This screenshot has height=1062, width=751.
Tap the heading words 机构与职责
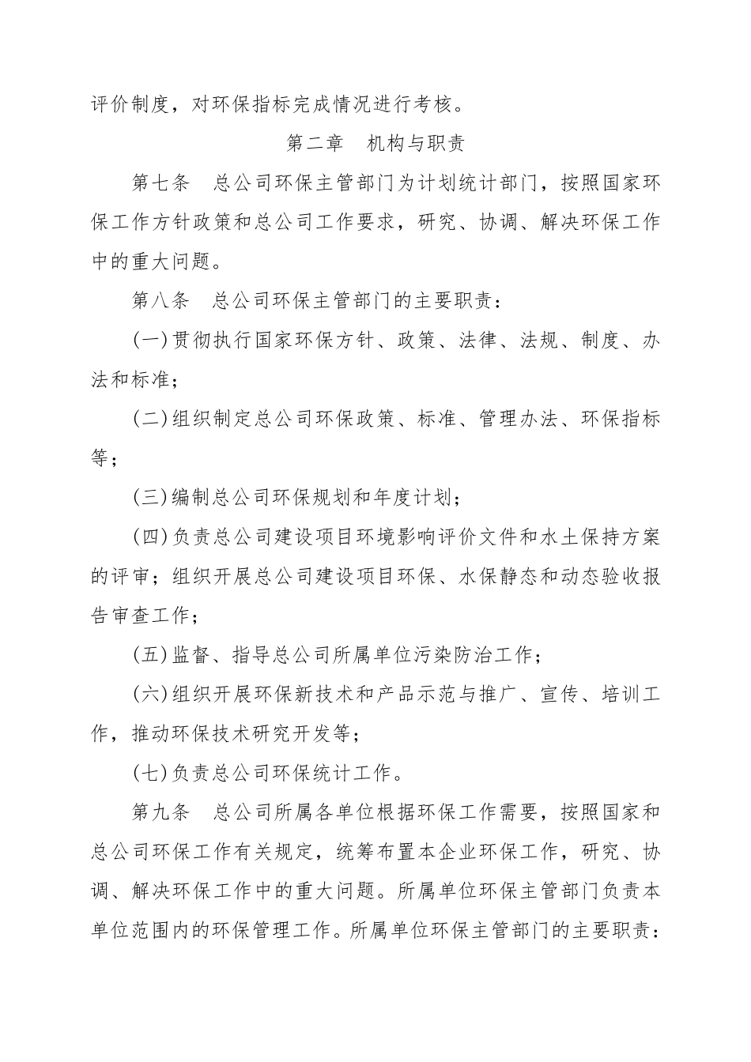(417, 144)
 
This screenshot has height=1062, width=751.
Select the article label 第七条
(161, 183)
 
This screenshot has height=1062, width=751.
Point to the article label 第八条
(161, 301)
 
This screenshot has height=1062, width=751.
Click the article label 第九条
(161, 812)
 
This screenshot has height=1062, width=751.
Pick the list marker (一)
(151, 341)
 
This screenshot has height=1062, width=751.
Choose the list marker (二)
(151, 419)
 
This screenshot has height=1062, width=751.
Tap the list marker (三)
(151, 498)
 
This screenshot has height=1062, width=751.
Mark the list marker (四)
(151, 537)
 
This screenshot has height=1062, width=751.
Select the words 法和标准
(130, 379)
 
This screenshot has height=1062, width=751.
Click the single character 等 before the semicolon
(100, 458)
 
